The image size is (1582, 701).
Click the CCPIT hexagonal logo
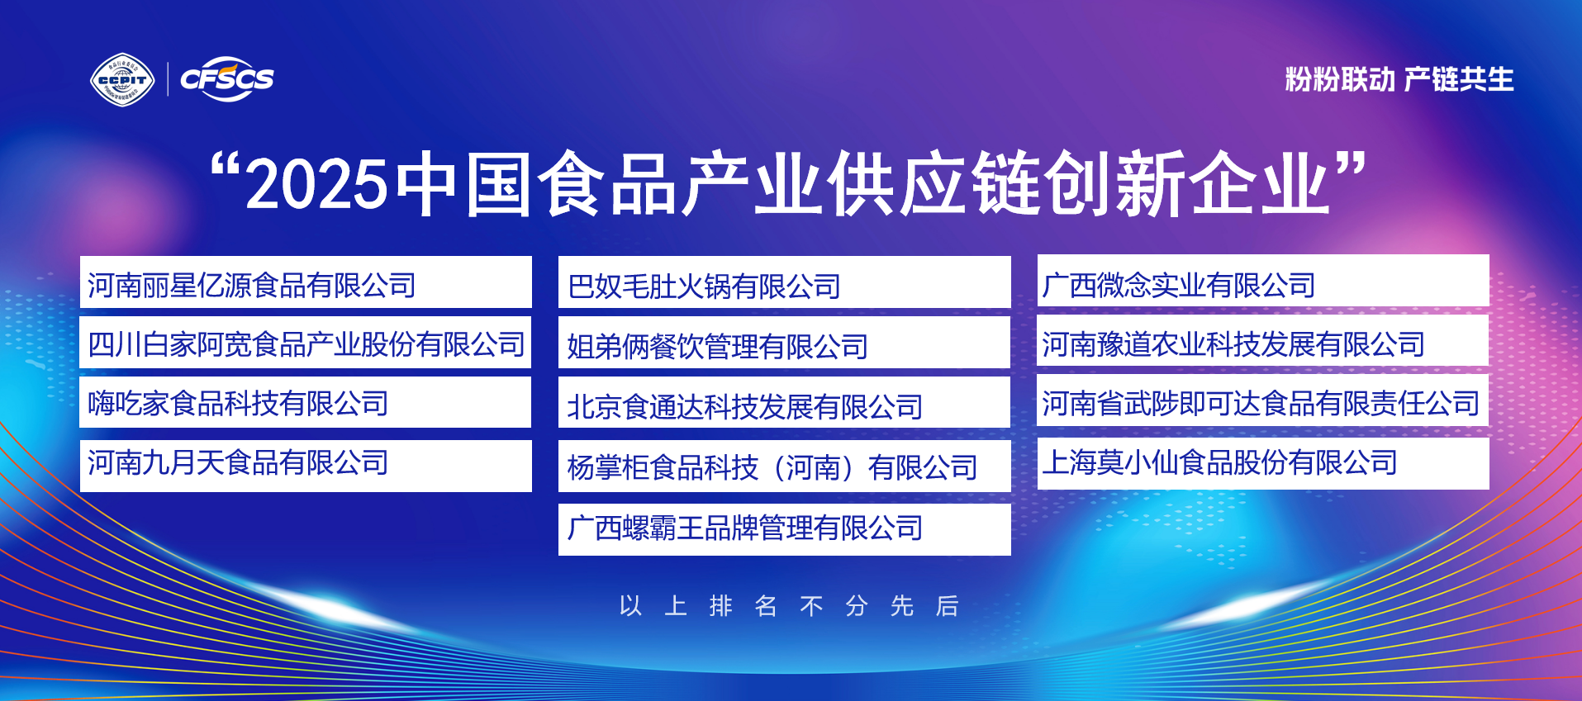(122, 80)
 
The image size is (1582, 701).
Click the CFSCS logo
(227, 79)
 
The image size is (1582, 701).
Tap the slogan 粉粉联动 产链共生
(1399, 79)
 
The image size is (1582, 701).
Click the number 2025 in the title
(317, 183)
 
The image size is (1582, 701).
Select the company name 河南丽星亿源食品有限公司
(252, 285)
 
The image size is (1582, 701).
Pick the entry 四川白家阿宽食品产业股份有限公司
(306, 343)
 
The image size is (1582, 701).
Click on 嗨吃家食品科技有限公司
(238, 403)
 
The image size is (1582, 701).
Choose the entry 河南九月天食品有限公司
(238, 462)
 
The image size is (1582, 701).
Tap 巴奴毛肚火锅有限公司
(704, 287)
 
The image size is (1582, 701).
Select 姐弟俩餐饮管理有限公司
(717, 346)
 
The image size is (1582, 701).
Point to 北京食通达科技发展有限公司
(744, 406)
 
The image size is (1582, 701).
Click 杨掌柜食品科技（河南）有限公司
(772, 467)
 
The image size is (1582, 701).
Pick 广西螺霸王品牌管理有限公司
(744, 528)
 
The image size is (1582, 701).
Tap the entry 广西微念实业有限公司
(1179, 285)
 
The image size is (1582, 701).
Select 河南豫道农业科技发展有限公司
(1233, 343)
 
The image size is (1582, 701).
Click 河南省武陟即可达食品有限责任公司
(1261, 403)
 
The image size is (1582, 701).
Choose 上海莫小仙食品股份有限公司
(1219, 462)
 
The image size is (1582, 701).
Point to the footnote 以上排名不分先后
(789, 606)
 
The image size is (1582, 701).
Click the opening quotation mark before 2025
(225, 169)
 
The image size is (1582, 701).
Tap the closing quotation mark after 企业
(1351, 167)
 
